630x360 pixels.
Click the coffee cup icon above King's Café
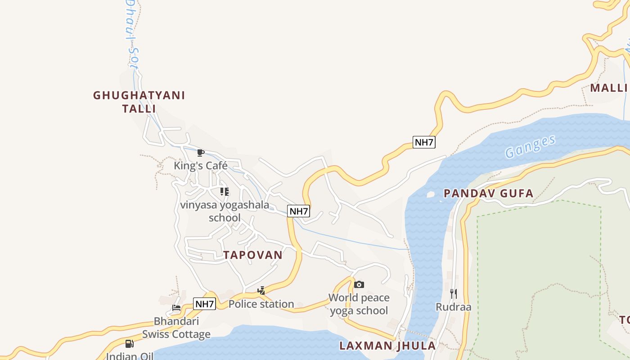201,153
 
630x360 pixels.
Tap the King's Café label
201,166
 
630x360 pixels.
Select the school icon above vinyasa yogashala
225,192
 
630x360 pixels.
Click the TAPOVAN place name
253,255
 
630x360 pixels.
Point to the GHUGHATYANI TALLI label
139,102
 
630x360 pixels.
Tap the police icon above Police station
261,291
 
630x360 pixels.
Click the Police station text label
261,304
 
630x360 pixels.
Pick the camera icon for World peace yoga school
359,284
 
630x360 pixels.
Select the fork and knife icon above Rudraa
453,294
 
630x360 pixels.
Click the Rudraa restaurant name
453,307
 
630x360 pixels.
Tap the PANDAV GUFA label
488,193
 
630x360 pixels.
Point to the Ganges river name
530,146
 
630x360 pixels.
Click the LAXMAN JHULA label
387,346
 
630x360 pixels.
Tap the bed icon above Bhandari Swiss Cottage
176,308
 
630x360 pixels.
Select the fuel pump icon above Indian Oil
129,344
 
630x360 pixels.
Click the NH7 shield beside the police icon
205,304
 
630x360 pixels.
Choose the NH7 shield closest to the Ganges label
424,142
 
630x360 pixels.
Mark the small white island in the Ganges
430,194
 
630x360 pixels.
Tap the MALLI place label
608,88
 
